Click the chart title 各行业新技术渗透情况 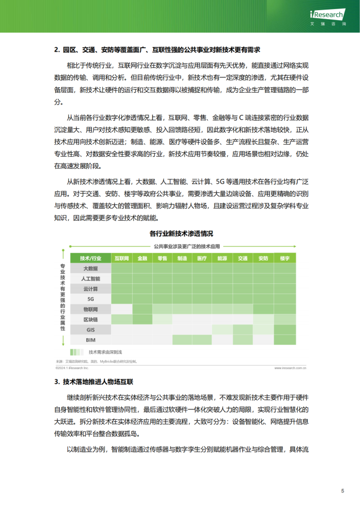(181, 234)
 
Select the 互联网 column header (121, 258)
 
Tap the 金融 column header (142, 258)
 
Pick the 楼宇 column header (284, 258)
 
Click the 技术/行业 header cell (90, 258)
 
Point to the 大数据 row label (90, 268)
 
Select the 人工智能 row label (90, 279)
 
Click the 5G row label (90, 299)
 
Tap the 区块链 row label (90, 319)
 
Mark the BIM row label (90, 340)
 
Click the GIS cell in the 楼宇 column (284, 330)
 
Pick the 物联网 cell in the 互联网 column (121, 309)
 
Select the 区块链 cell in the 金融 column (142, 319)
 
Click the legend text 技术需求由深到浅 (105, 352)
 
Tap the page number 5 (343, 491)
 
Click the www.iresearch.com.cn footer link (290, 369)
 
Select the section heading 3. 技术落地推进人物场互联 (94, 382)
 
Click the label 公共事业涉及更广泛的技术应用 (188, 246)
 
